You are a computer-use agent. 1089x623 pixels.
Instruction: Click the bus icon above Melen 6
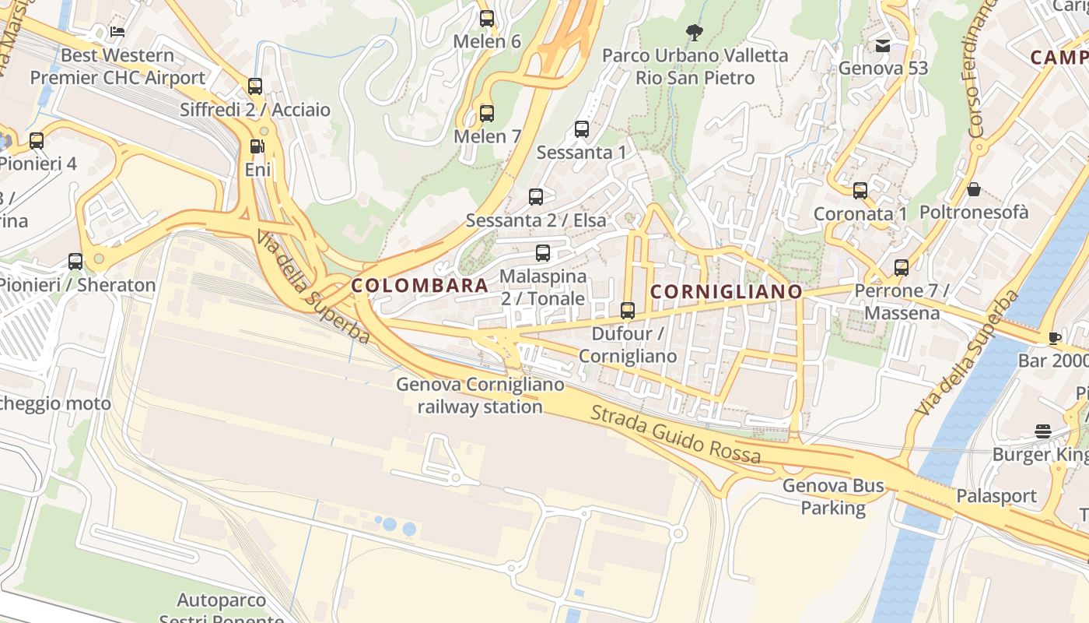click(487, 19)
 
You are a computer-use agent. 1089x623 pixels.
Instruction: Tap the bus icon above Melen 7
click(487, 114)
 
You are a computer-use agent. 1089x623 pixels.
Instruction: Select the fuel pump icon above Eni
click(257, 146)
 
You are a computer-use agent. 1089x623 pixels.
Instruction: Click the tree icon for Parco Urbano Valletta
click(695, 33)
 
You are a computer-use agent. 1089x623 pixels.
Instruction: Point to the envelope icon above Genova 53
click(883, 46)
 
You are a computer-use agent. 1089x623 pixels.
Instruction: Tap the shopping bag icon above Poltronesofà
click(973, 189)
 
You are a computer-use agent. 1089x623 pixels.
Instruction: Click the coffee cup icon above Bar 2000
click(1054, 338)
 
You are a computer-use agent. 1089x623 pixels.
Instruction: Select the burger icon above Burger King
click(1043, 431)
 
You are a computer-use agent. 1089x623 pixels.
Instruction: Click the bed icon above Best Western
click(117, 32)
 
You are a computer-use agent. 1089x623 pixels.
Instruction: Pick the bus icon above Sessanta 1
click(582, 129)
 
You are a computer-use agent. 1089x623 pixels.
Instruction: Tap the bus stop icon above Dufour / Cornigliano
click(628, 311)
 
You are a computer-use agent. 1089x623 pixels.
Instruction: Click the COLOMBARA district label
click(420, 285)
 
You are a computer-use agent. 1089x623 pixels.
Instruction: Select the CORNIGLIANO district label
click(726, 292)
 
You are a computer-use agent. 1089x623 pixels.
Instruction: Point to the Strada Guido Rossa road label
click(675, 434)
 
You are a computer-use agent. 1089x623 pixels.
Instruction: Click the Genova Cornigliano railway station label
click(480, 396)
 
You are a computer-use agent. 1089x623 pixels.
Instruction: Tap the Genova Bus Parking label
click(833, 497)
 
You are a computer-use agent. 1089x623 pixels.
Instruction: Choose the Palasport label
click(996, 496)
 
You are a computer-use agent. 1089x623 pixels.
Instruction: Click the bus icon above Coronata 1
click(860, 191)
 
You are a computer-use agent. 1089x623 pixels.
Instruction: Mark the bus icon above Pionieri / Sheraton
click(75, 262)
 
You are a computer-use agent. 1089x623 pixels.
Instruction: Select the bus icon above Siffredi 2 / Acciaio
click(255, 86)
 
